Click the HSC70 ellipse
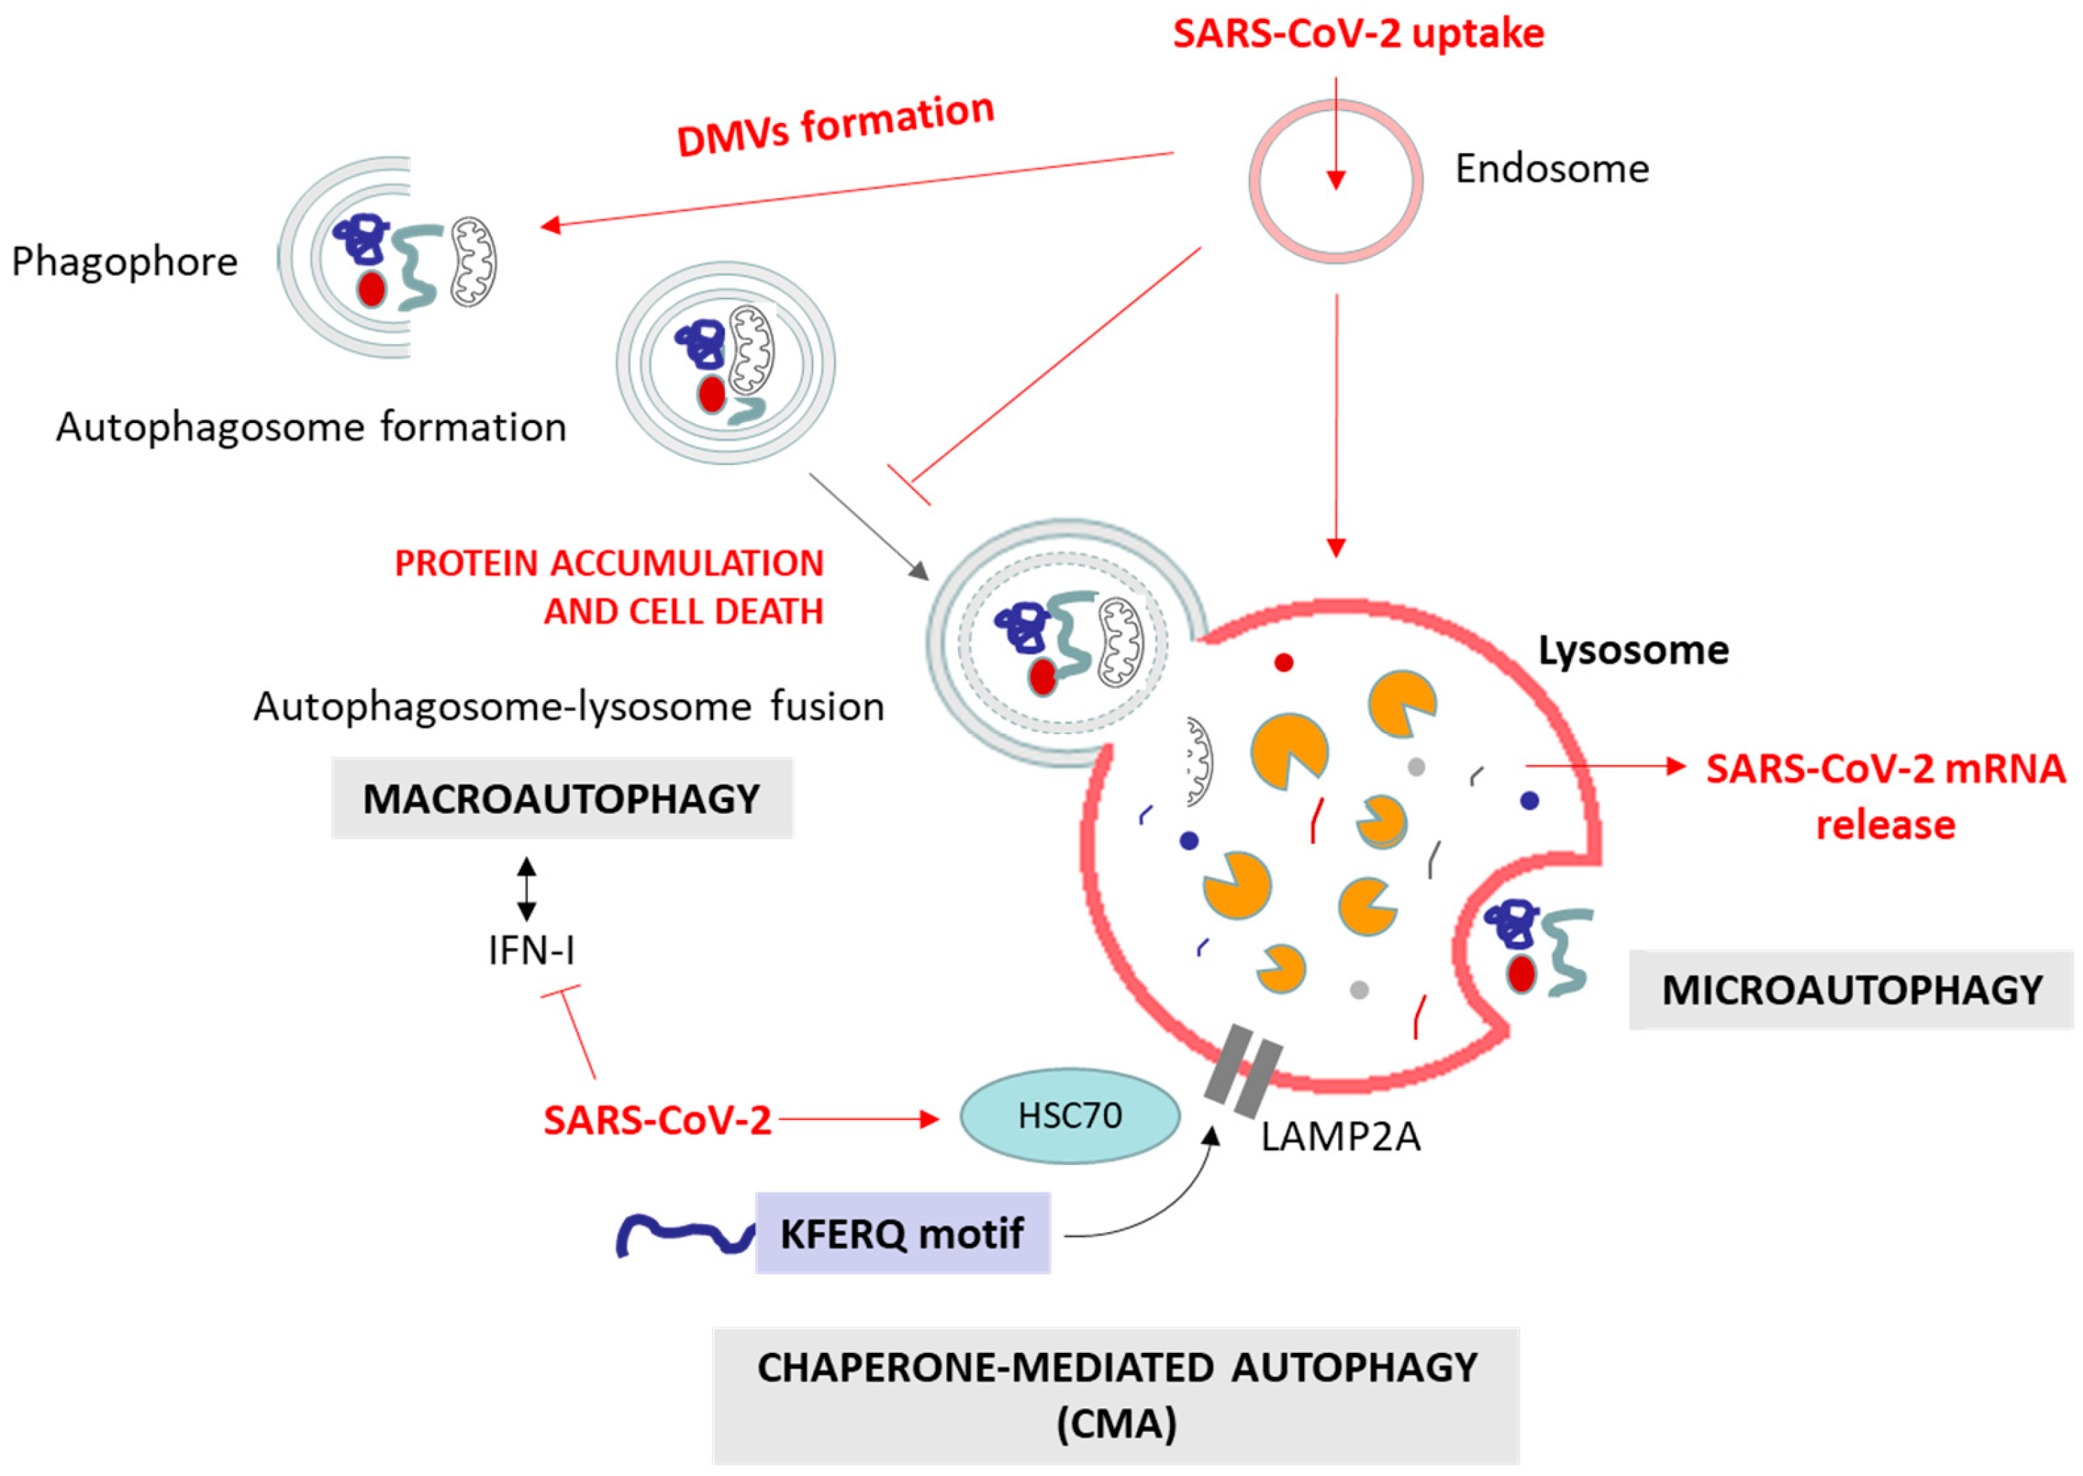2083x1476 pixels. (x=1070, y=1115)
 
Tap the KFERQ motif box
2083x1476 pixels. (x=903, y=1233)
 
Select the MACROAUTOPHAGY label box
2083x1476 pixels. (x=561, y=798)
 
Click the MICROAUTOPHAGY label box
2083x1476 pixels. (x=1852, y=990)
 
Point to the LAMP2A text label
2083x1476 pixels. (x=1340, y=1136)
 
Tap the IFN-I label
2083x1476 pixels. (x=531, y=951)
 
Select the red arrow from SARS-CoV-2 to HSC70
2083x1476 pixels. (x=858, y=1119)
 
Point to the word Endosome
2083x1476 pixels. (x=1552, y=169)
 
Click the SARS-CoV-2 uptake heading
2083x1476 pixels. (x=1358, y=34)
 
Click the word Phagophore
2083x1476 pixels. (x=124, y=261)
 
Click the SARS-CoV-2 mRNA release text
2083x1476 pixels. (x=1885, y=796)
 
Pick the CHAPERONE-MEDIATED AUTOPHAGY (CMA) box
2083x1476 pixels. (x=1116, y=1395)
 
